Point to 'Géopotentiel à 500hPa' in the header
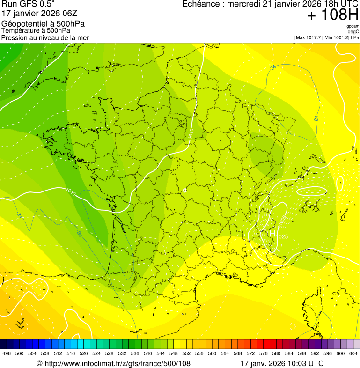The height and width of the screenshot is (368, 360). point(43,24)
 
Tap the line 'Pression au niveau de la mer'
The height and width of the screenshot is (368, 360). point(45,37)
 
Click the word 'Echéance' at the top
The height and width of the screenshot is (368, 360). point(201,4)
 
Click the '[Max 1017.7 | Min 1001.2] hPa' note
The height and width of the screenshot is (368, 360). point(326,37)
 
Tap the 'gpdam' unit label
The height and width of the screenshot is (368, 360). point(353,26)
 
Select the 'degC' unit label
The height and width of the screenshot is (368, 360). point(353,31)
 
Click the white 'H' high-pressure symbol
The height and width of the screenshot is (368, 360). point(272,233)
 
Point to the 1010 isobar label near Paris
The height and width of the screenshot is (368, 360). point(191,133)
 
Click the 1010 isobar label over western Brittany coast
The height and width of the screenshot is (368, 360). point(71,191)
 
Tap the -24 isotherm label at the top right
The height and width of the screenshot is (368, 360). point(273,68)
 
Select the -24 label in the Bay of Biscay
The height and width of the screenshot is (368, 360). point(79,233)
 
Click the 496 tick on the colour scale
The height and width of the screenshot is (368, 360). point(7,353)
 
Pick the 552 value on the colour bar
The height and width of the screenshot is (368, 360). point(186,353)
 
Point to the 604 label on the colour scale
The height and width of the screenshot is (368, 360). point(353,353)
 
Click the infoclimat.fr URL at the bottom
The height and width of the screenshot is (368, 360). point(113,363)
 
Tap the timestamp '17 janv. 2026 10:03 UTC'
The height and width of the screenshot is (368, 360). point(281,363)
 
